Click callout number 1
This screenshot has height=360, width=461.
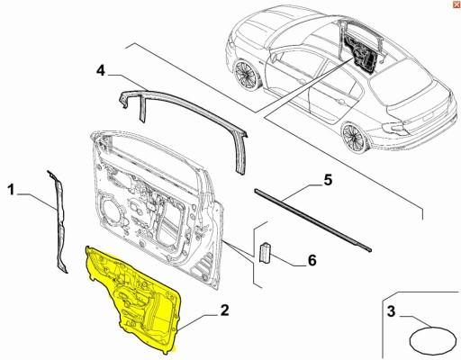11,189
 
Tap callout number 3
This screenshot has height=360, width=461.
391,313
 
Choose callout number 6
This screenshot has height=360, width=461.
312,261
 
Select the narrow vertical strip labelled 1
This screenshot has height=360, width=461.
58,220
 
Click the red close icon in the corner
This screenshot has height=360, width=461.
455,5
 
